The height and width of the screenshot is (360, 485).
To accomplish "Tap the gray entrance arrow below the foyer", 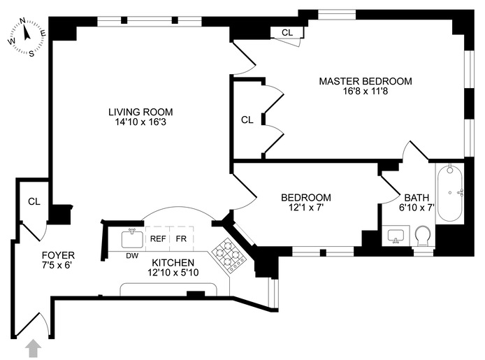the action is [32, 347].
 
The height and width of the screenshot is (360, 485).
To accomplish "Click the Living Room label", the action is [140, 112].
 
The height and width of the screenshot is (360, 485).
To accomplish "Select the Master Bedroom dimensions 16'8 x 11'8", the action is [365, 92].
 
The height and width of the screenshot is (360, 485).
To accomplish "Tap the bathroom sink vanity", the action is [396, 235].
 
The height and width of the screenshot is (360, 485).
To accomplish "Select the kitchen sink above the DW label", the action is [131, 238].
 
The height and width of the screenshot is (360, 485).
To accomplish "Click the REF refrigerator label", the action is [158, 238].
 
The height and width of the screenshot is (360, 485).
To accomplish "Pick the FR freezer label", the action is [181, 238].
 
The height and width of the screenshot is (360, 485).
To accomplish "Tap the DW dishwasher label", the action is [131, 254].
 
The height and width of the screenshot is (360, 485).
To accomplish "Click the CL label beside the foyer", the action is [34, 201].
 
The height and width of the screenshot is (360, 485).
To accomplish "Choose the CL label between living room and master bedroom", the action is [247, 120].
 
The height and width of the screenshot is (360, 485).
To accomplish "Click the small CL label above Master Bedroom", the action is [287, 32].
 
